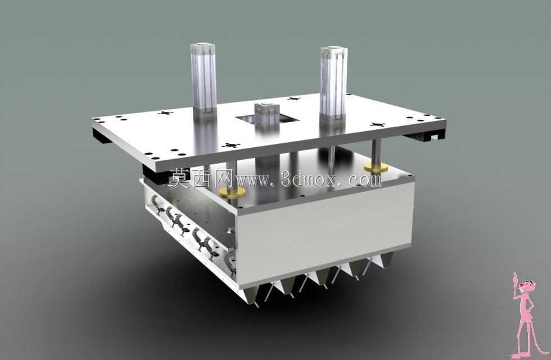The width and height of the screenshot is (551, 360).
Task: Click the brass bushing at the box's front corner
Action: click(x=232, y=192)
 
